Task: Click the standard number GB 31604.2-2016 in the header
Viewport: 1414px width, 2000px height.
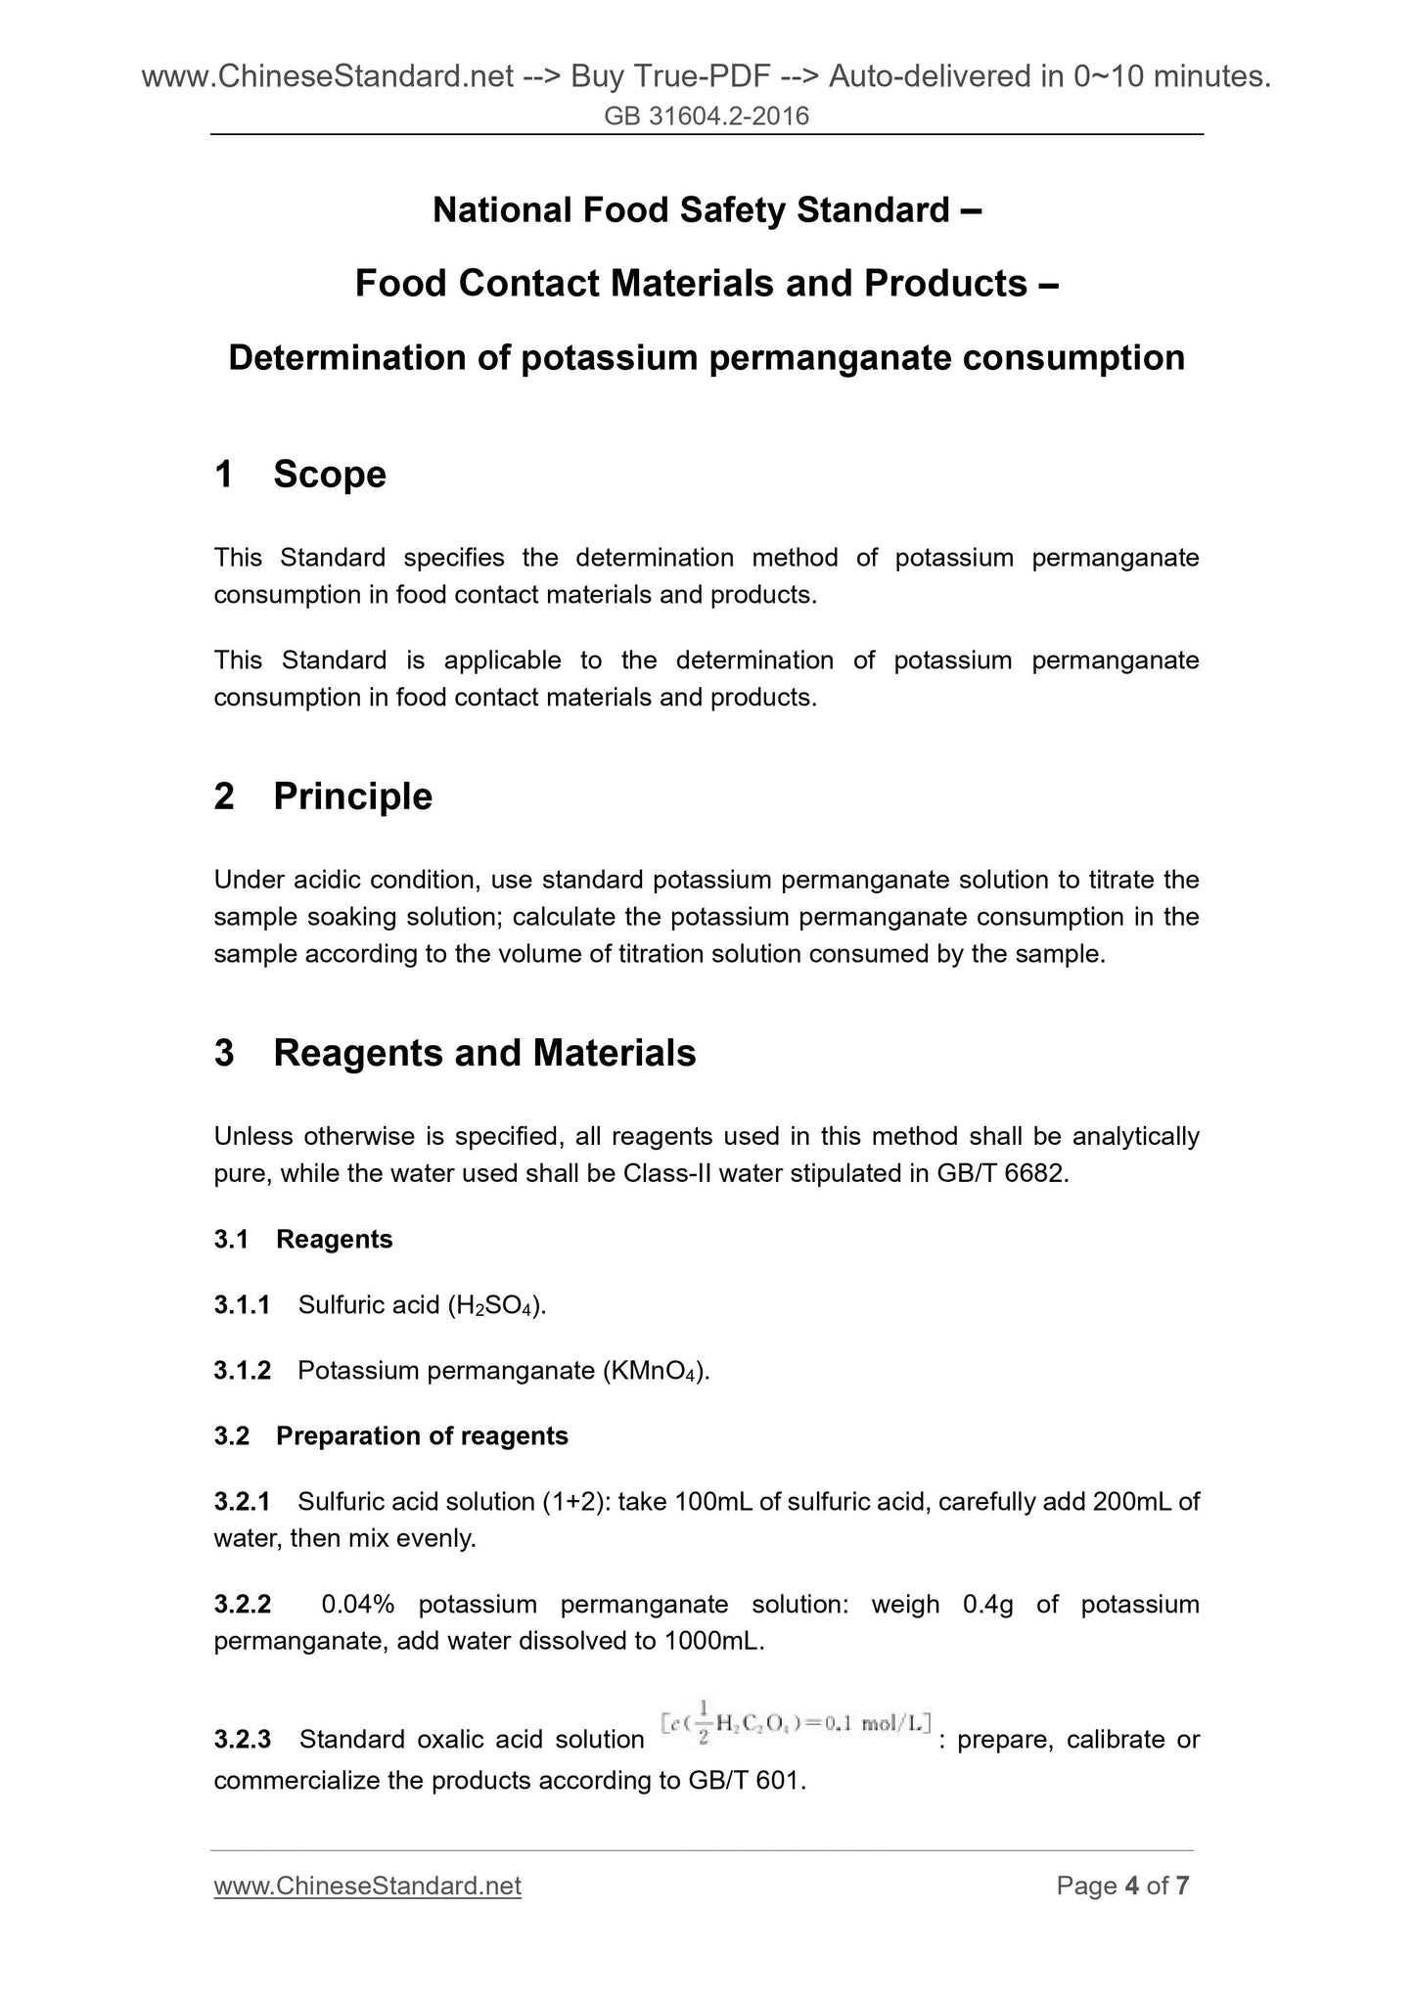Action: pyautogui.click(x=707, y=116)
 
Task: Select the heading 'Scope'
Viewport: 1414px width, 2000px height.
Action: pyautogui.click(x=330, y=475)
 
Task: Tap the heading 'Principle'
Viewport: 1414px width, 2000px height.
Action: pyautogui.click(x=352, y=796)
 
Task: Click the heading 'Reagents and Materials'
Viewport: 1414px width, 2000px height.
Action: pyautogui.click(x=484, y=1053)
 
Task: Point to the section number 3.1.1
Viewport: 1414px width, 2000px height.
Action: pyautogui.click(x=242, y=1304)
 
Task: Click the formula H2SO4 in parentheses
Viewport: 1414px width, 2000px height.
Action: pyautogui.click(x=495, y=1305)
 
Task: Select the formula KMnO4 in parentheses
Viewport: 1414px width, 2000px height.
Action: pyautogui.click(x=653, y=1371)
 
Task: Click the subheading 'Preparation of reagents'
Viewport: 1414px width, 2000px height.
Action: pyautogui.click(x=422, y=1435)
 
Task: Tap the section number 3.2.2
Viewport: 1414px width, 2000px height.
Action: pyautogui.click(x=243, y=1605)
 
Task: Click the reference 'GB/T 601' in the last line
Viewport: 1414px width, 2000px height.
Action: pyautogui.click(x=747, y=1781)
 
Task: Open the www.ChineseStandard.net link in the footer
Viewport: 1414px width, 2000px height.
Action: pyautogui.click(x=367, y=1886)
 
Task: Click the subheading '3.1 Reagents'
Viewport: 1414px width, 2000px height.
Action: pyautogui.click(x=303, y=1239)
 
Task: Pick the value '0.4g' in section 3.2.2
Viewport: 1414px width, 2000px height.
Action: pyautogui.click(x=987, y=1605)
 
